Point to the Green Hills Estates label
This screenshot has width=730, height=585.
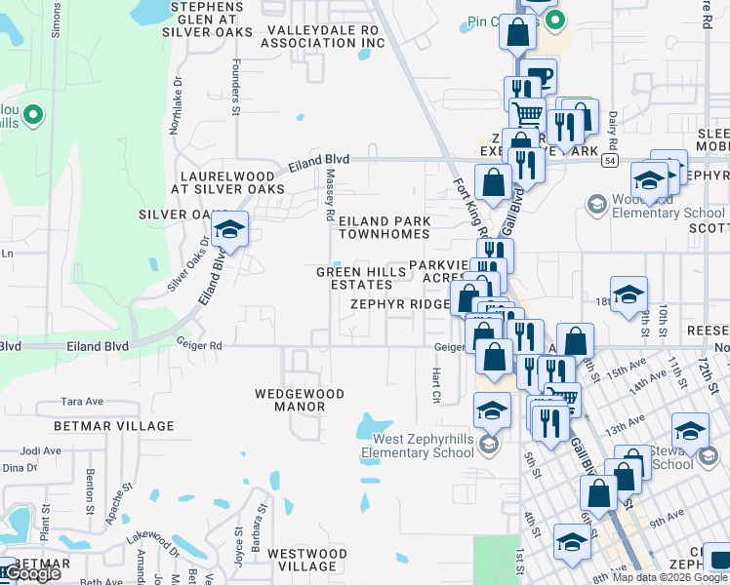coord(353,278)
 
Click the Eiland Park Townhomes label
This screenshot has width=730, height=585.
coord(384,228)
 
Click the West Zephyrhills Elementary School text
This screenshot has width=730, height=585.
coord(418,447)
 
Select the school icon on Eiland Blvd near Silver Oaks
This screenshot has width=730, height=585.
coord(229,230)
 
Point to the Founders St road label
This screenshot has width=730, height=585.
coord(235,93)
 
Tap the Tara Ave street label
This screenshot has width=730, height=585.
coord(82,402)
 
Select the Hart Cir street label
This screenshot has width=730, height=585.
coord(435,385)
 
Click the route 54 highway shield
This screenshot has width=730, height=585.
coord(608,160)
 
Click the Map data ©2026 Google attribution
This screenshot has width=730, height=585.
coord(669,577)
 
